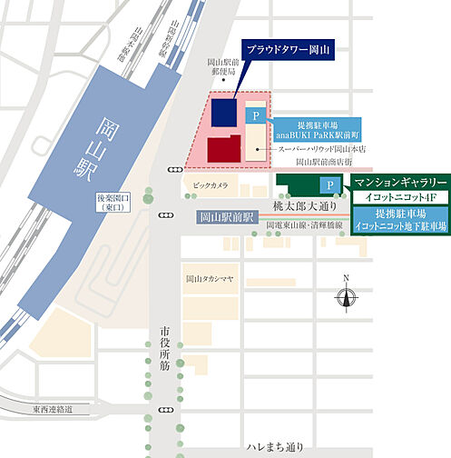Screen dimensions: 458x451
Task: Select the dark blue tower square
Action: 222,114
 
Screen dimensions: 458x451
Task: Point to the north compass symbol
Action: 345,294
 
